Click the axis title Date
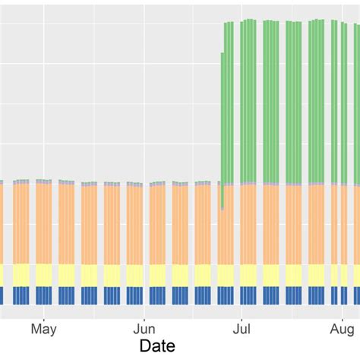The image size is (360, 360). pyautogui.click(x=159, y=346)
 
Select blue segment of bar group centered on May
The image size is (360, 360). pyautogui.click(x=44, y=295)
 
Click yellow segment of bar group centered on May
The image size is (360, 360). pyautogui.click(x=44, y=274)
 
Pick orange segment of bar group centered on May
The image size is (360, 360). pyautogui.click(x=44, y=224)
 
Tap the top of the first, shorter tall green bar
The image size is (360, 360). pyautogui.click(x=223, y=54)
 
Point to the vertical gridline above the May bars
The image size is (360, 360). pyautogui.click(x=44, y=91)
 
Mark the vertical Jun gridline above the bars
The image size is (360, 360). pyautogui.click(x=144, y=91)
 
